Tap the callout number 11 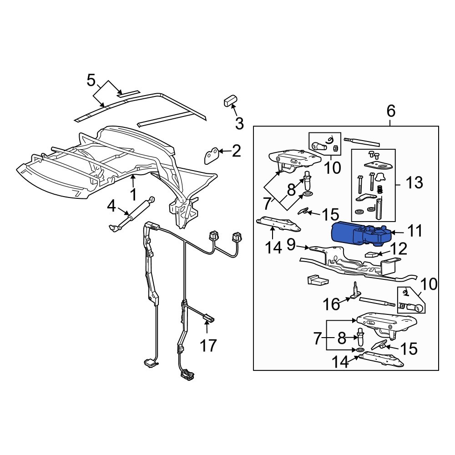click(x=415, y=231)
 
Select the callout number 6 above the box click(x=391, y=111)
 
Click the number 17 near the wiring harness click(x=209, y=345)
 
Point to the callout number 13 click(x=414, y=183)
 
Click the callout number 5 click(x=91, y=81)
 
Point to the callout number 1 click(x=133, y=195)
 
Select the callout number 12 click(x=399, y=249)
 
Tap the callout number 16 click(x=332, y=304)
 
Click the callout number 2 click(x=236, y=151)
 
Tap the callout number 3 click(x=239, y=123)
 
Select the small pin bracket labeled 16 click(x=355, y=291)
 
